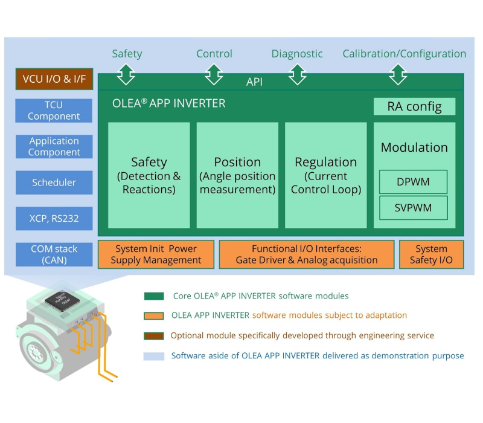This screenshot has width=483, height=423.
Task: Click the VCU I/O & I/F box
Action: coord(54,79)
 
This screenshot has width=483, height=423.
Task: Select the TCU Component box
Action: coord(54,111)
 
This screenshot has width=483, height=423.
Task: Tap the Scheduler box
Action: coord(54,182)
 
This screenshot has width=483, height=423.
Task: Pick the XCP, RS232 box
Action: coord(54,218)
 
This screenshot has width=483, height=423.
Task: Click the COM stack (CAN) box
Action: coord(54,254)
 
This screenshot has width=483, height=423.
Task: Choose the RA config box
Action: coord(414,107)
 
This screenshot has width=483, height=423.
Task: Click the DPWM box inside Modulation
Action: coord(414,181)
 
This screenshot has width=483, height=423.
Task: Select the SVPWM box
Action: coord(414,208)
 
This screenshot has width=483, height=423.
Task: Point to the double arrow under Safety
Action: coord(126,74)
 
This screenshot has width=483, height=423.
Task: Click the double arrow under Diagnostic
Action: coord(296,74)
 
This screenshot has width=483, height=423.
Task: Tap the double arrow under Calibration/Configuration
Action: coord(397,74)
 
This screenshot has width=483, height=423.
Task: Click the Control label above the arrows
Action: coord(214,54)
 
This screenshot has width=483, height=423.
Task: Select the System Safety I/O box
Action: coord(431,254)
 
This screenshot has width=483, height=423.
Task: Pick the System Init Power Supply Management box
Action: coord(156,254)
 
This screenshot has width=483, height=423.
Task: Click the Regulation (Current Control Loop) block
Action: coord(326,175)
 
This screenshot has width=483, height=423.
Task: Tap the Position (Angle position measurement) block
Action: coord(237,175)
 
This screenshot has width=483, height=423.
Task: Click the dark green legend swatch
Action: coord(154,296)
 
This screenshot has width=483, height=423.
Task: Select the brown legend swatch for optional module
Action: coord(154,336)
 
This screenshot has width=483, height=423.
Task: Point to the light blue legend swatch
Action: coord(154,356)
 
